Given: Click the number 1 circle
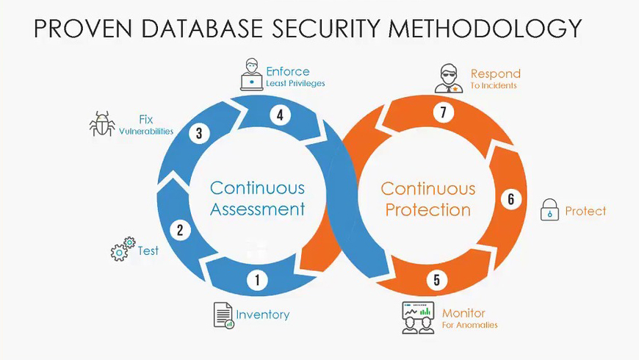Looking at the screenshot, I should click(x=257, y=280).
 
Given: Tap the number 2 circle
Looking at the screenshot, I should click(x=179, y=230).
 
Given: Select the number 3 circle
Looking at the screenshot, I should click(x=198, y=134).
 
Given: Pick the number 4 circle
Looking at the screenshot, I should click(x=279, y=115).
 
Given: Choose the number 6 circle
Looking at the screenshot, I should click(x=511, y=199).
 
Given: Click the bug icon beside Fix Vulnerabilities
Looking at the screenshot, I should click(x=101, y=124).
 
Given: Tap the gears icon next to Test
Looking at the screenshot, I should click(x=123, y=250).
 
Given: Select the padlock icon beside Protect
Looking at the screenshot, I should click(x=549, y=210).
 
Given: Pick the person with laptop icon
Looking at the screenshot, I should click(x=251, y=75).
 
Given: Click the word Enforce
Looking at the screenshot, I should click(x=287, y=72).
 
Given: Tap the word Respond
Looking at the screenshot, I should click(x=495, y=73).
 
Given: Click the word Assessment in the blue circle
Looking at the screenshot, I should click(x=257, y=209).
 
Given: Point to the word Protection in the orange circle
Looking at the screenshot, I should click(x=428, y=210).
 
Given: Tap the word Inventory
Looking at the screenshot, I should click(x=263, y=314).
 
